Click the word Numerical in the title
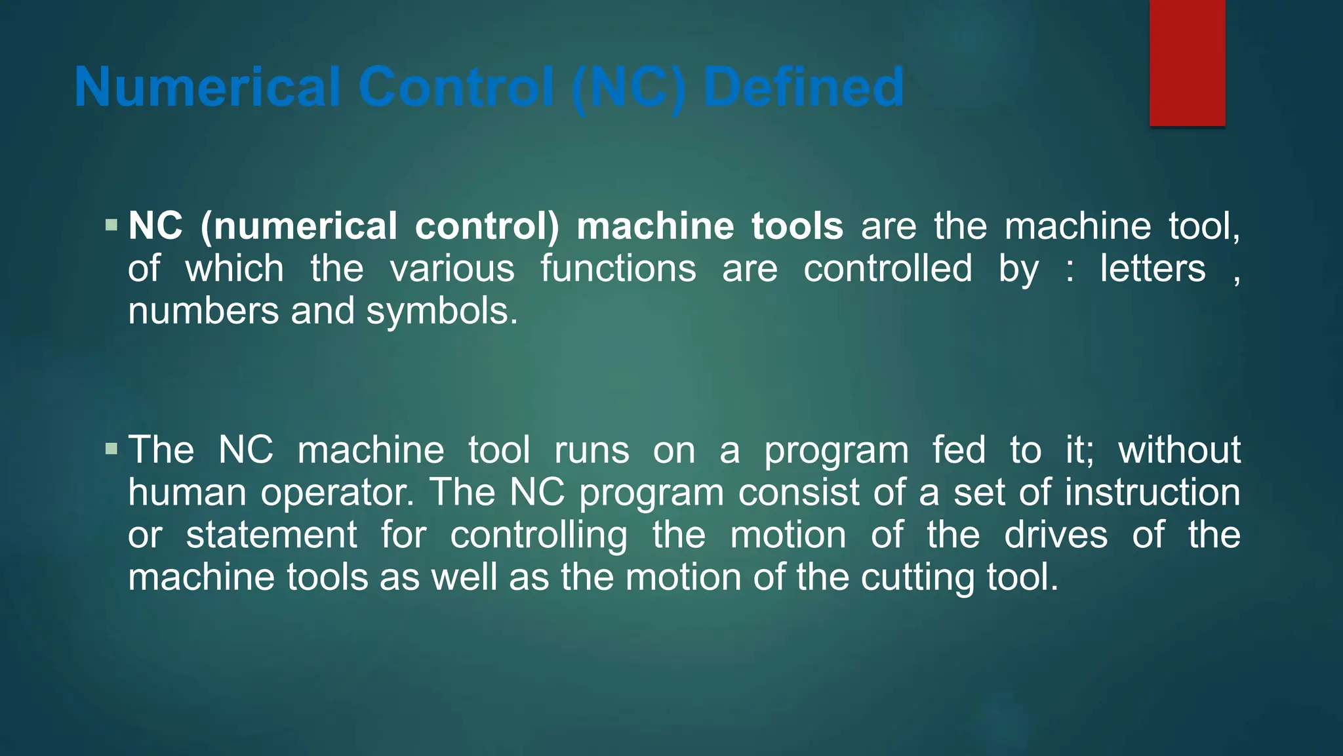(207, 87)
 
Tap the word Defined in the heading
(803, 87)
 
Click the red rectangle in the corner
(1187, 62)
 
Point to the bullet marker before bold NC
(111, 226)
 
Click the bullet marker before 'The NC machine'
(111, 450)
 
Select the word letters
(1153, 268)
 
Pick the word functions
(618, 268)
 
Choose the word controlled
(888, 268)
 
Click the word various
(452, 268)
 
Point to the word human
(187, 492)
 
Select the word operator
(338, 493)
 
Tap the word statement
(271, 535)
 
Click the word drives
(1056, 535)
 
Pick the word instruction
(1152, 492)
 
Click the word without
(1179, 450)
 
